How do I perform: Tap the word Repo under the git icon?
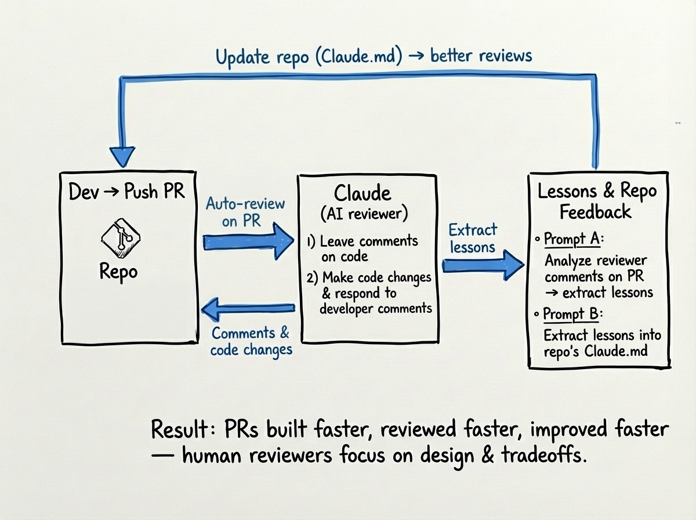[x=118, y=271]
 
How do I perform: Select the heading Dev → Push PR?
[x=126, y=192]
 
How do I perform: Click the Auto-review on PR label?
[x=245, y=212]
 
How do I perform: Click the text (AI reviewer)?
[x=364, y=214]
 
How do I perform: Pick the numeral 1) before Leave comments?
[x=311, y=241]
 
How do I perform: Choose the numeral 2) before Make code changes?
[x=312, y=277]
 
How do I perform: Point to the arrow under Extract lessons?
[x=483, y=265]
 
